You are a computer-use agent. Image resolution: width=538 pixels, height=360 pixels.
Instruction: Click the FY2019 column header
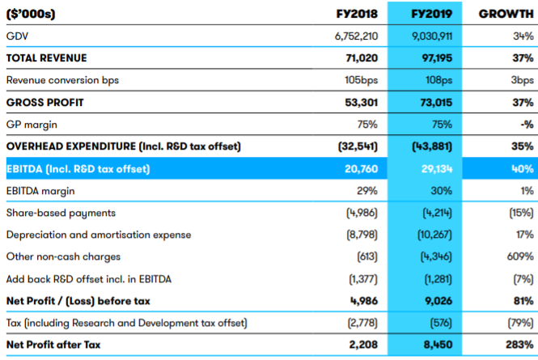pos(432,14)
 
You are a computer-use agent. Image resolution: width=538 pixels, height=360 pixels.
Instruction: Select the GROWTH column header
pos(506,14)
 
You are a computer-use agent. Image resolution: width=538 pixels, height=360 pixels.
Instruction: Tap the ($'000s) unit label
pos(31,14)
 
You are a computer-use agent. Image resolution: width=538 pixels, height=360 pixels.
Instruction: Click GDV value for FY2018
pos(356,36)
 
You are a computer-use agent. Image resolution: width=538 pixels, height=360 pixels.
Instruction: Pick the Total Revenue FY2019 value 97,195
pos(437,58)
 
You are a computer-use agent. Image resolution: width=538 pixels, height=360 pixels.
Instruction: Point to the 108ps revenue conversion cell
pos(438,80)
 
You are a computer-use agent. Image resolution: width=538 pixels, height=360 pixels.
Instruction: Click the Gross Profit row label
pos(45,102)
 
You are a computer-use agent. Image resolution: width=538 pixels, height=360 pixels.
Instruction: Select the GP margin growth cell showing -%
pos(527,125)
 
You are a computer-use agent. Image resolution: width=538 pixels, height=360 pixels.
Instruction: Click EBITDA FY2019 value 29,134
pos(437,168)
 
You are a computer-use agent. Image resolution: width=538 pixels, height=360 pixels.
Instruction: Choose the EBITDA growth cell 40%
pos(523,168)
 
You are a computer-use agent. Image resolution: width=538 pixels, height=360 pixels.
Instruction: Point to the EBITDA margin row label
pos(40,191)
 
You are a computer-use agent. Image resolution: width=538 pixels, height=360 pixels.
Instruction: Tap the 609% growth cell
pos(520,256)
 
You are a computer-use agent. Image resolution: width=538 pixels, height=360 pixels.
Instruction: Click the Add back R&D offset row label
pos(89,279)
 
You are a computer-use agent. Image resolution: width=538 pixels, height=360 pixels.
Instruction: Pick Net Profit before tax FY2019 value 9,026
pos(438,301)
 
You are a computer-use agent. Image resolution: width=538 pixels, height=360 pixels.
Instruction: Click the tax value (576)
pos(441,323)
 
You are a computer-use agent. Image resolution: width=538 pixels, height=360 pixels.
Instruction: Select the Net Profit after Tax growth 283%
pos(519,345)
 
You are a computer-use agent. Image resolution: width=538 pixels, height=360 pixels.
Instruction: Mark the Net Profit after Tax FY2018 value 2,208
pos(363,345)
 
